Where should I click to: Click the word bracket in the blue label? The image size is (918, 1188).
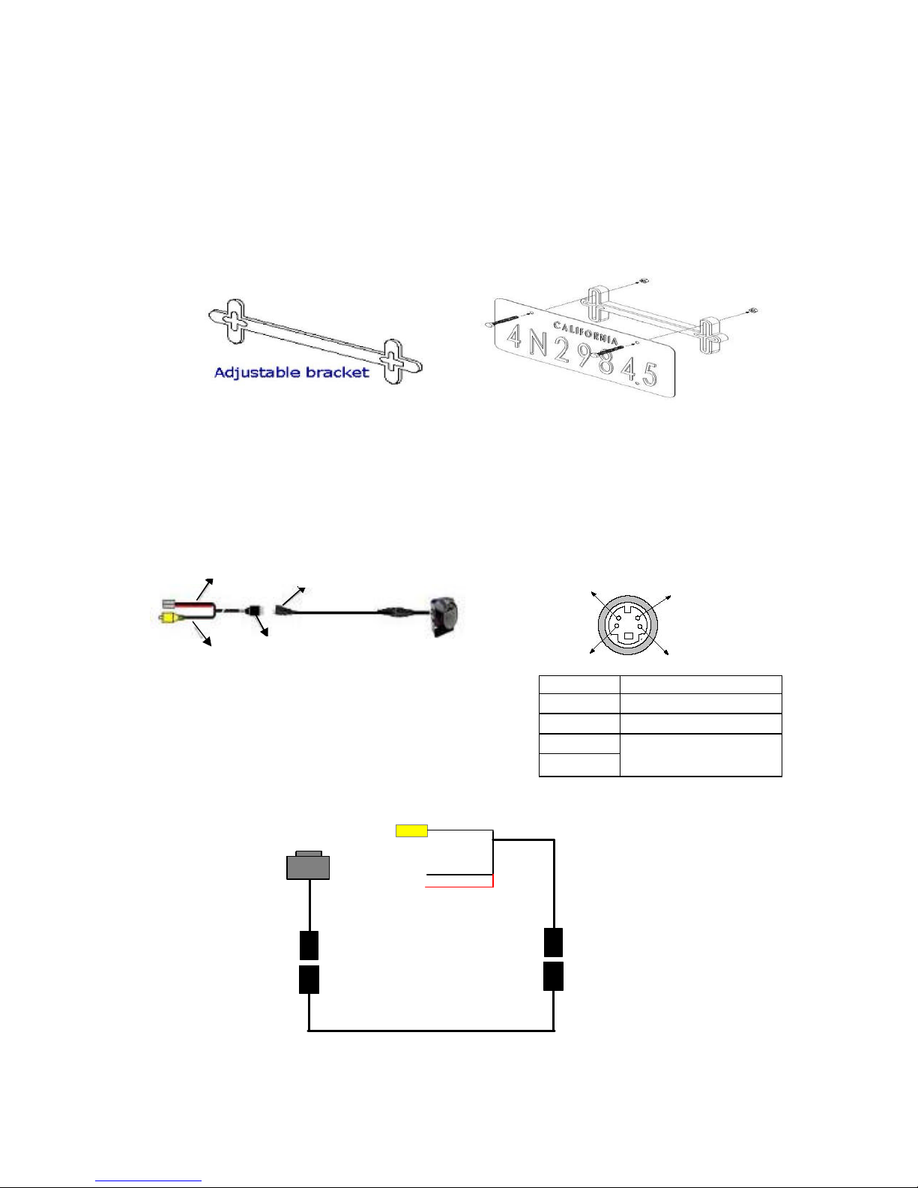click(x=337, y=373)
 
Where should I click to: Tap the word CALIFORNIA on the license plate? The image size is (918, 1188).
click(x=586, y=333)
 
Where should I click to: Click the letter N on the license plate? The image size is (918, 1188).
click(x=538, y=343)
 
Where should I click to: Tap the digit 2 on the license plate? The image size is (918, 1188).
click(x=562, y=351)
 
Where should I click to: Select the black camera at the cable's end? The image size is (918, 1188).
click(x=444, y=616)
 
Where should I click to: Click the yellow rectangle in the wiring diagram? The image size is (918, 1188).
click(x=411, y=831)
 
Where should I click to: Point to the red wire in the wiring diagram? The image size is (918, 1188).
click(x=459, y=886)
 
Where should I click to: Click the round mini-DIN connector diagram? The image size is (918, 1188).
click(x=628, y=625)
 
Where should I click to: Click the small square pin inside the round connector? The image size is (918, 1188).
click(x=629, y=636)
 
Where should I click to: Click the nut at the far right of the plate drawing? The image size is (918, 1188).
click(x=753, y=311)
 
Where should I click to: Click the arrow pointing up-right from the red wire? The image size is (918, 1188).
click(x=205, y=589)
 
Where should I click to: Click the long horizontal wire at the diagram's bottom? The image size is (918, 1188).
click(x=431, y=1031)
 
